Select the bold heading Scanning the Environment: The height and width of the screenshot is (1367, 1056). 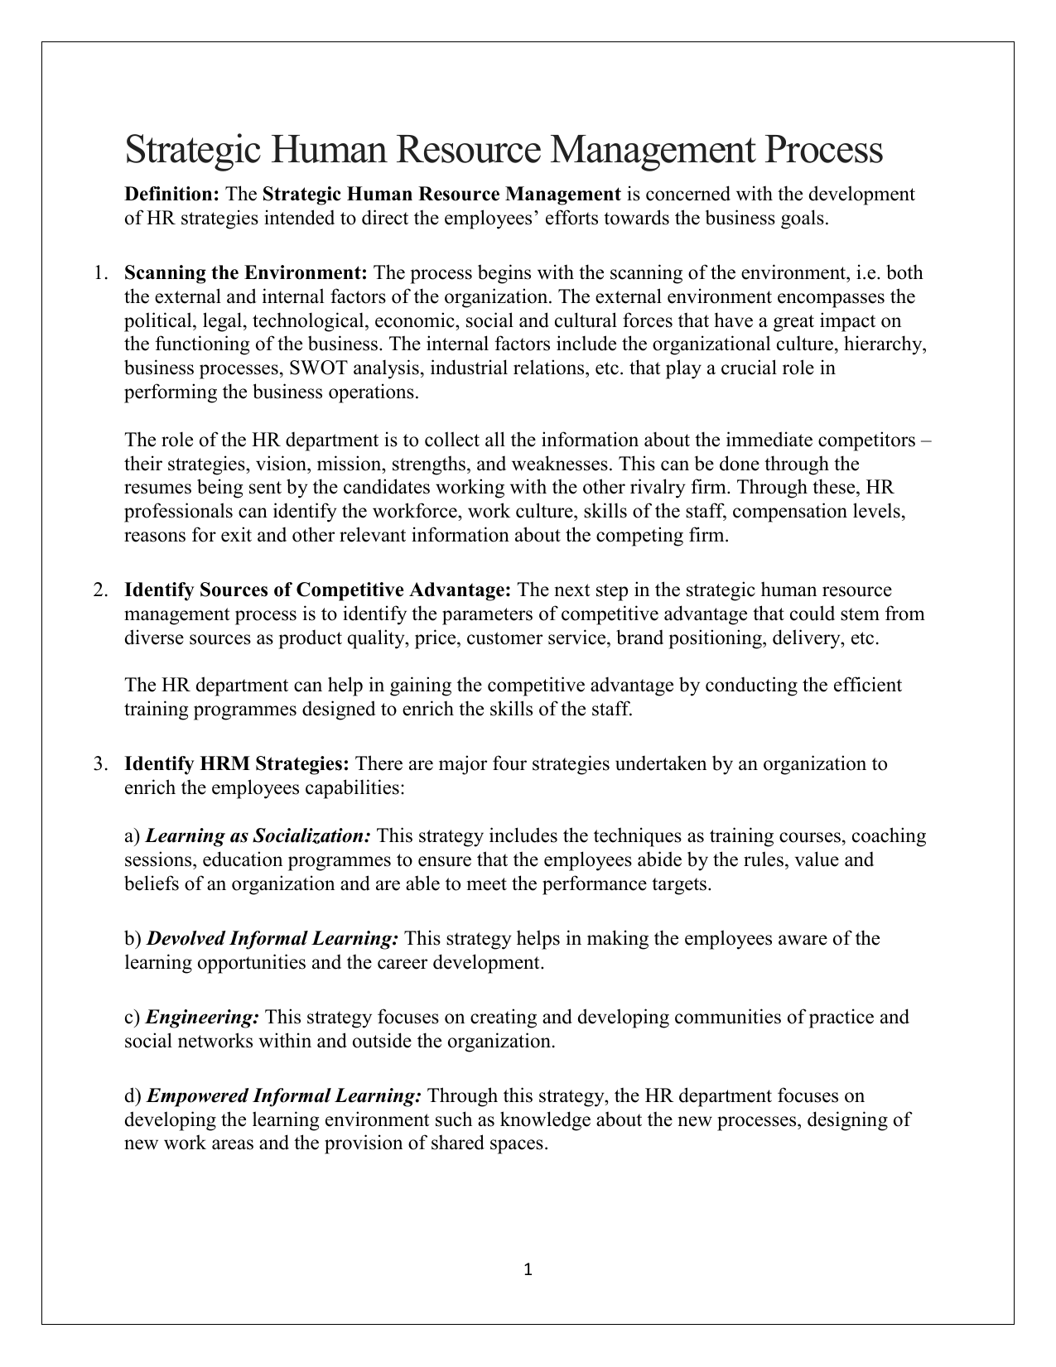tap(246, 273)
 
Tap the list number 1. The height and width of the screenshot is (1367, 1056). tap(99, 273)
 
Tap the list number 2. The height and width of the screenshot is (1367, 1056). tap(99, 590)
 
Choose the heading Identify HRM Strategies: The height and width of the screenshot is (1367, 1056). tap(237, 763)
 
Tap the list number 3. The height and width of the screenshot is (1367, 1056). tap(99, 763)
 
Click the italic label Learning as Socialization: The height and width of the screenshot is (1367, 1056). tap(258, 836)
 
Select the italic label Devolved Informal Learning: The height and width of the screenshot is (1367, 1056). tap(273, 939)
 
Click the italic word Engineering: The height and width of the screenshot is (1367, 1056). tap(204, 1017)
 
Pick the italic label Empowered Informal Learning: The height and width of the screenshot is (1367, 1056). tap(284, 1096)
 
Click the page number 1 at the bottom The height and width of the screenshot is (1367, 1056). tap(528, 1269)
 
